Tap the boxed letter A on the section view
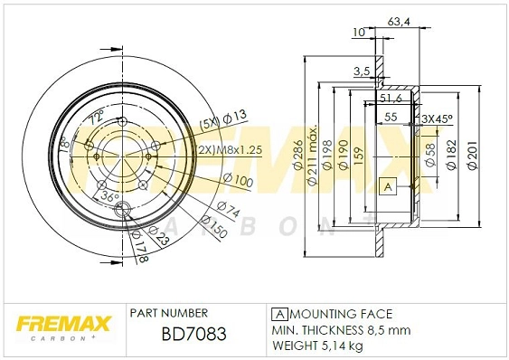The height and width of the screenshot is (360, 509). click(388, 187)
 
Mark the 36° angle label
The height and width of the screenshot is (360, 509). click(108, 195)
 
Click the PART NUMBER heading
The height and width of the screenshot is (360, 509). click(169, 312)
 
